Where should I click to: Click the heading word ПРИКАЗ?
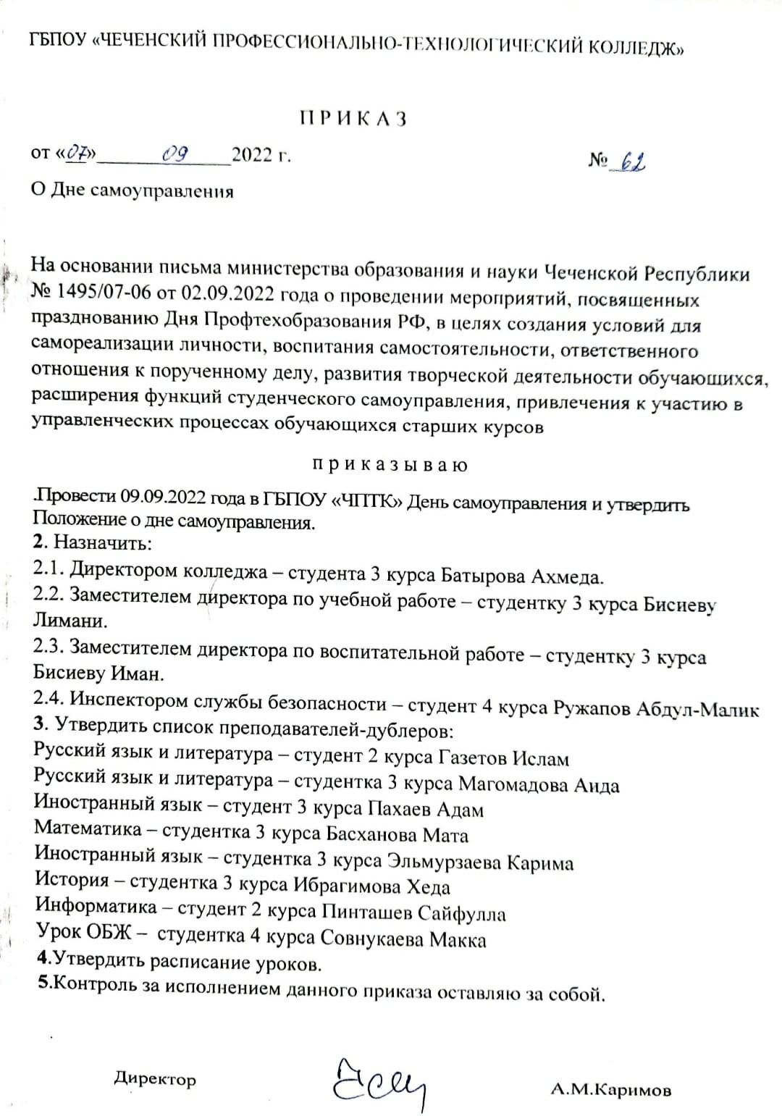click(353, 119)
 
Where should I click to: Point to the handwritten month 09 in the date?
click(176, 154)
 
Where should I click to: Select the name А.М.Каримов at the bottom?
click(610, 1089)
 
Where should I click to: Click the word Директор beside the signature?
click(155, 1079)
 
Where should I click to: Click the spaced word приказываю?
click(390, 464)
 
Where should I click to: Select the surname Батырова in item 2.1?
click(483, 575)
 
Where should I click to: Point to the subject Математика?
click(88, 828)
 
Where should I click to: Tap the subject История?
click(72, 881)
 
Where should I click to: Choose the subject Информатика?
click(96, 907)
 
